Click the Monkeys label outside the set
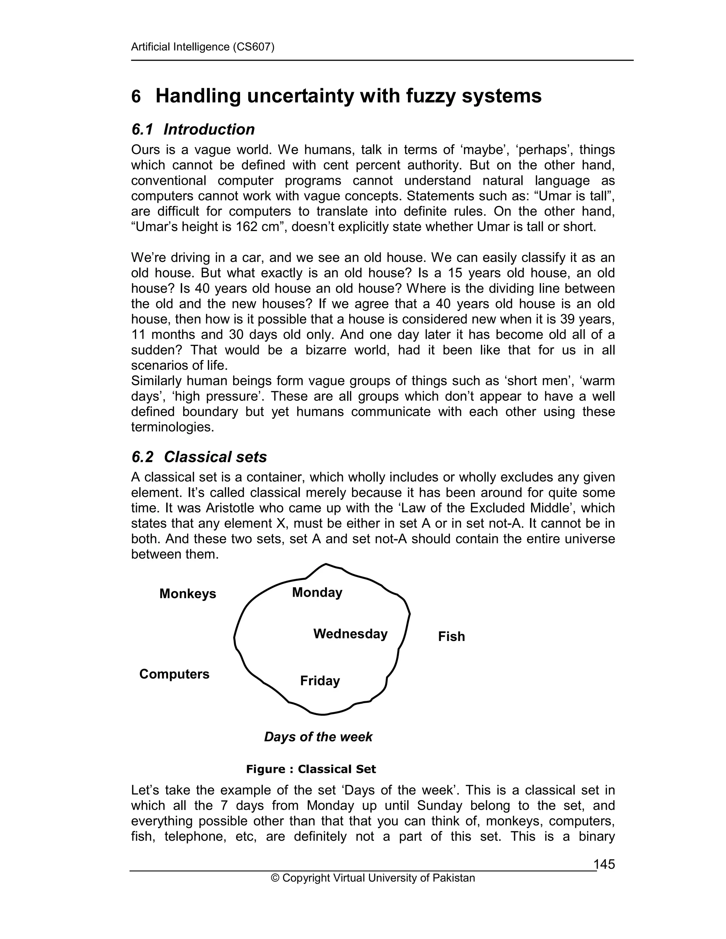(188, 594)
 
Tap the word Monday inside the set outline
(317, 592)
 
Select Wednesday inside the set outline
(350, 634)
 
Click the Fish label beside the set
(451, 636)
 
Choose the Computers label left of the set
(174, 674)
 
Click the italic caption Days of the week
(318, 737)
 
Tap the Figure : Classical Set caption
(311, 769)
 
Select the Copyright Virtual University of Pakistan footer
(373, 878)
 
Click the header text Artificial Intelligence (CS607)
(202, 47)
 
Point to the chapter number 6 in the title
(136, 96)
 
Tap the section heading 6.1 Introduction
(193, 129)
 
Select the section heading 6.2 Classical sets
(199, 457)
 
